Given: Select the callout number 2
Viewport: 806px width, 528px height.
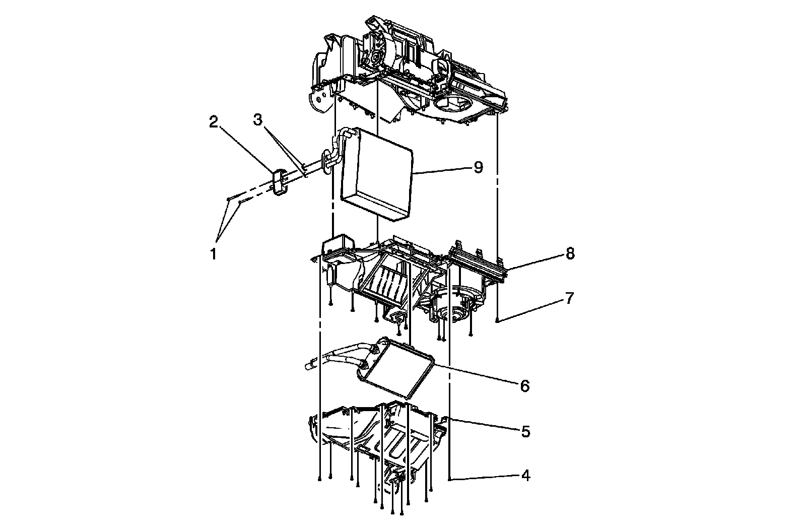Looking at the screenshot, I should point(214,122).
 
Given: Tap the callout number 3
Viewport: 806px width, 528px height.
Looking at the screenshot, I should point(258,120).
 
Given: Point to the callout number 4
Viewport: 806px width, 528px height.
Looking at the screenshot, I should point(525,475).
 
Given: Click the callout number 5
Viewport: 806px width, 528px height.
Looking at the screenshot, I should point(525,431).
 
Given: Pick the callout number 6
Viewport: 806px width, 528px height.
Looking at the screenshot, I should point(524,386).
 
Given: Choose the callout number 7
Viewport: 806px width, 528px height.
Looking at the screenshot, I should point(569,298).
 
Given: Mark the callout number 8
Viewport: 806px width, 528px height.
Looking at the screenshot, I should point(570,253).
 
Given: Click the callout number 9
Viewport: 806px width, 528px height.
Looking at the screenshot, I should point(478,167).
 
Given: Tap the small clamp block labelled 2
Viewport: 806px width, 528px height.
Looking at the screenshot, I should point(279,182).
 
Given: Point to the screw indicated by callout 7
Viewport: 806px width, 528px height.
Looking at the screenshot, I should point(497,320).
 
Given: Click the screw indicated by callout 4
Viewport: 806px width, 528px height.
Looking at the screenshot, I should point(449,479).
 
